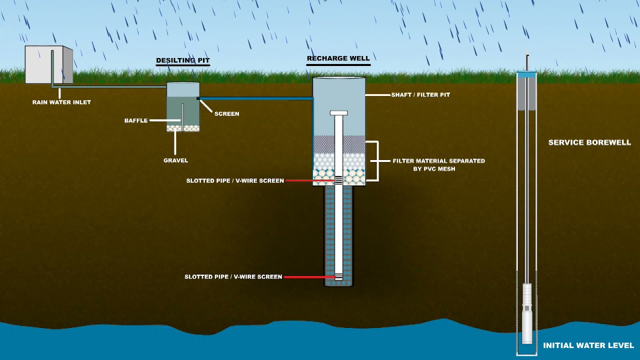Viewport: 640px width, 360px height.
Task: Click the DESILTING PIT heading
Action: coord(182,60)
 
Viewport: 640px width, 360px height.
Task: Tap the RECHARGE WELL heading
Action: coord(338,58)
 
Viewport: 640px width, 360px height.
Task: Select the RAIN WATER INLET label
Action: coord(61,102)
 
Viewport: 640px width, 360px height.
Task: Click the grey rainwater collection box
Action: coord(48,65)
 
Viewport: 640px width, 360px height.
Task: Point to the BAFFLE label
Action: coord(136,120)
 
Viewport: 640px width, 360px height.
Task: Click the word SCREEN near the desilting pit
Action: coord(226,114)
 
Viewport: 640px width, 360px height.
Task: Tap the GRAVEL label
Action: coord(175,160)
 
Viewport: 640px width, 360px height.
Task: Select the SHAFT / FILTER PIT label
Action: coord(420,94)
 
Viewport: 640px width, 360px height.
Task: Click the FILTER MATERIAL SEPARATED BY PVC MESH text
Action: coord(438,164)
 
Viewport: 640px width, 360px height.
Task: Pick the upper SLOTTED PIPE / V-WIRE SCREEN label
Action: coord(235,180)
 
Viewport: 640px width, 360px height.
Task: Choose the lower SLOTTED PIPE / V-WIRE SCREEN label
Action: coord(233,276)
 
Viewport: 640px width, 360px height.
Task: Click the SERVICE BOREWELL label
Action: coord(589,142)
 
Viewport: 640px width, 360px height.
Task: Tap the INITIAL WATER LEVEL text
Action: coord(588,345)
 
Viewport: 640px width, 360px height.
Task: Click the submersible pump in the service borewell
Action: coord(527,312)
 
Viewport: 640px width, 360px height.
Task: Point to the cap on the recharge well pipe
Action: coord(338,113)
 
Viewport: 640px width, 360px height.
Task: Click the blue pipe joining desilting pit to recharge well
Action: coord(255,98)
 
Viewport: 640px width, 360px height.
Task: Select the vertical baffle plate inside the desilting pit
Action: coord(182,115)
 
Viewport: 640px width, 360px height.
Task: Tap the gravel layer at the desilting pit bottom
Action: coord(183,128)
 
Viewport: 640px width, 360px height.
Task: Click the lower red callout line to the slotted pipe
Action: coord(309,276)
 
